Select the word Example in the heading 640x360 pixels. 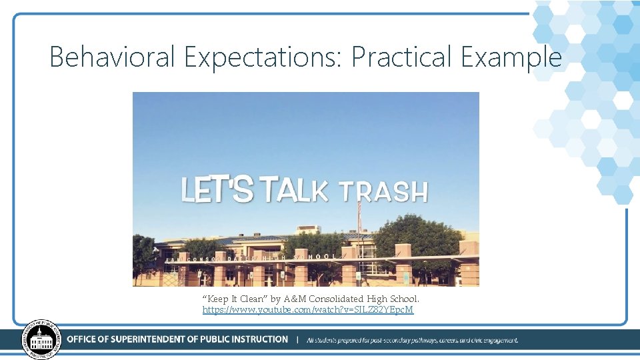pyautogui.click(x=511, y=57)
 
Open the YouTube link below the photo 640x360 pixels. pyautogui.click(x=308, y=310)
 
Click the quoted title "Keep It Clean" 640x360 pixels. pyautogui.click(x=234, y=299)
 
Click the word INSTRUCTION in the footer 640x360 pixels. pyautogui.click(x=257, y=339)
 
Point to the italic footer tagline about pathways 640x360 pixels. pyautogui.click(x=411, y=340)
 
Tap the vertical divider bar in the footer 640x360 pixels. pyautogui.click(x=297, y=339)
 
